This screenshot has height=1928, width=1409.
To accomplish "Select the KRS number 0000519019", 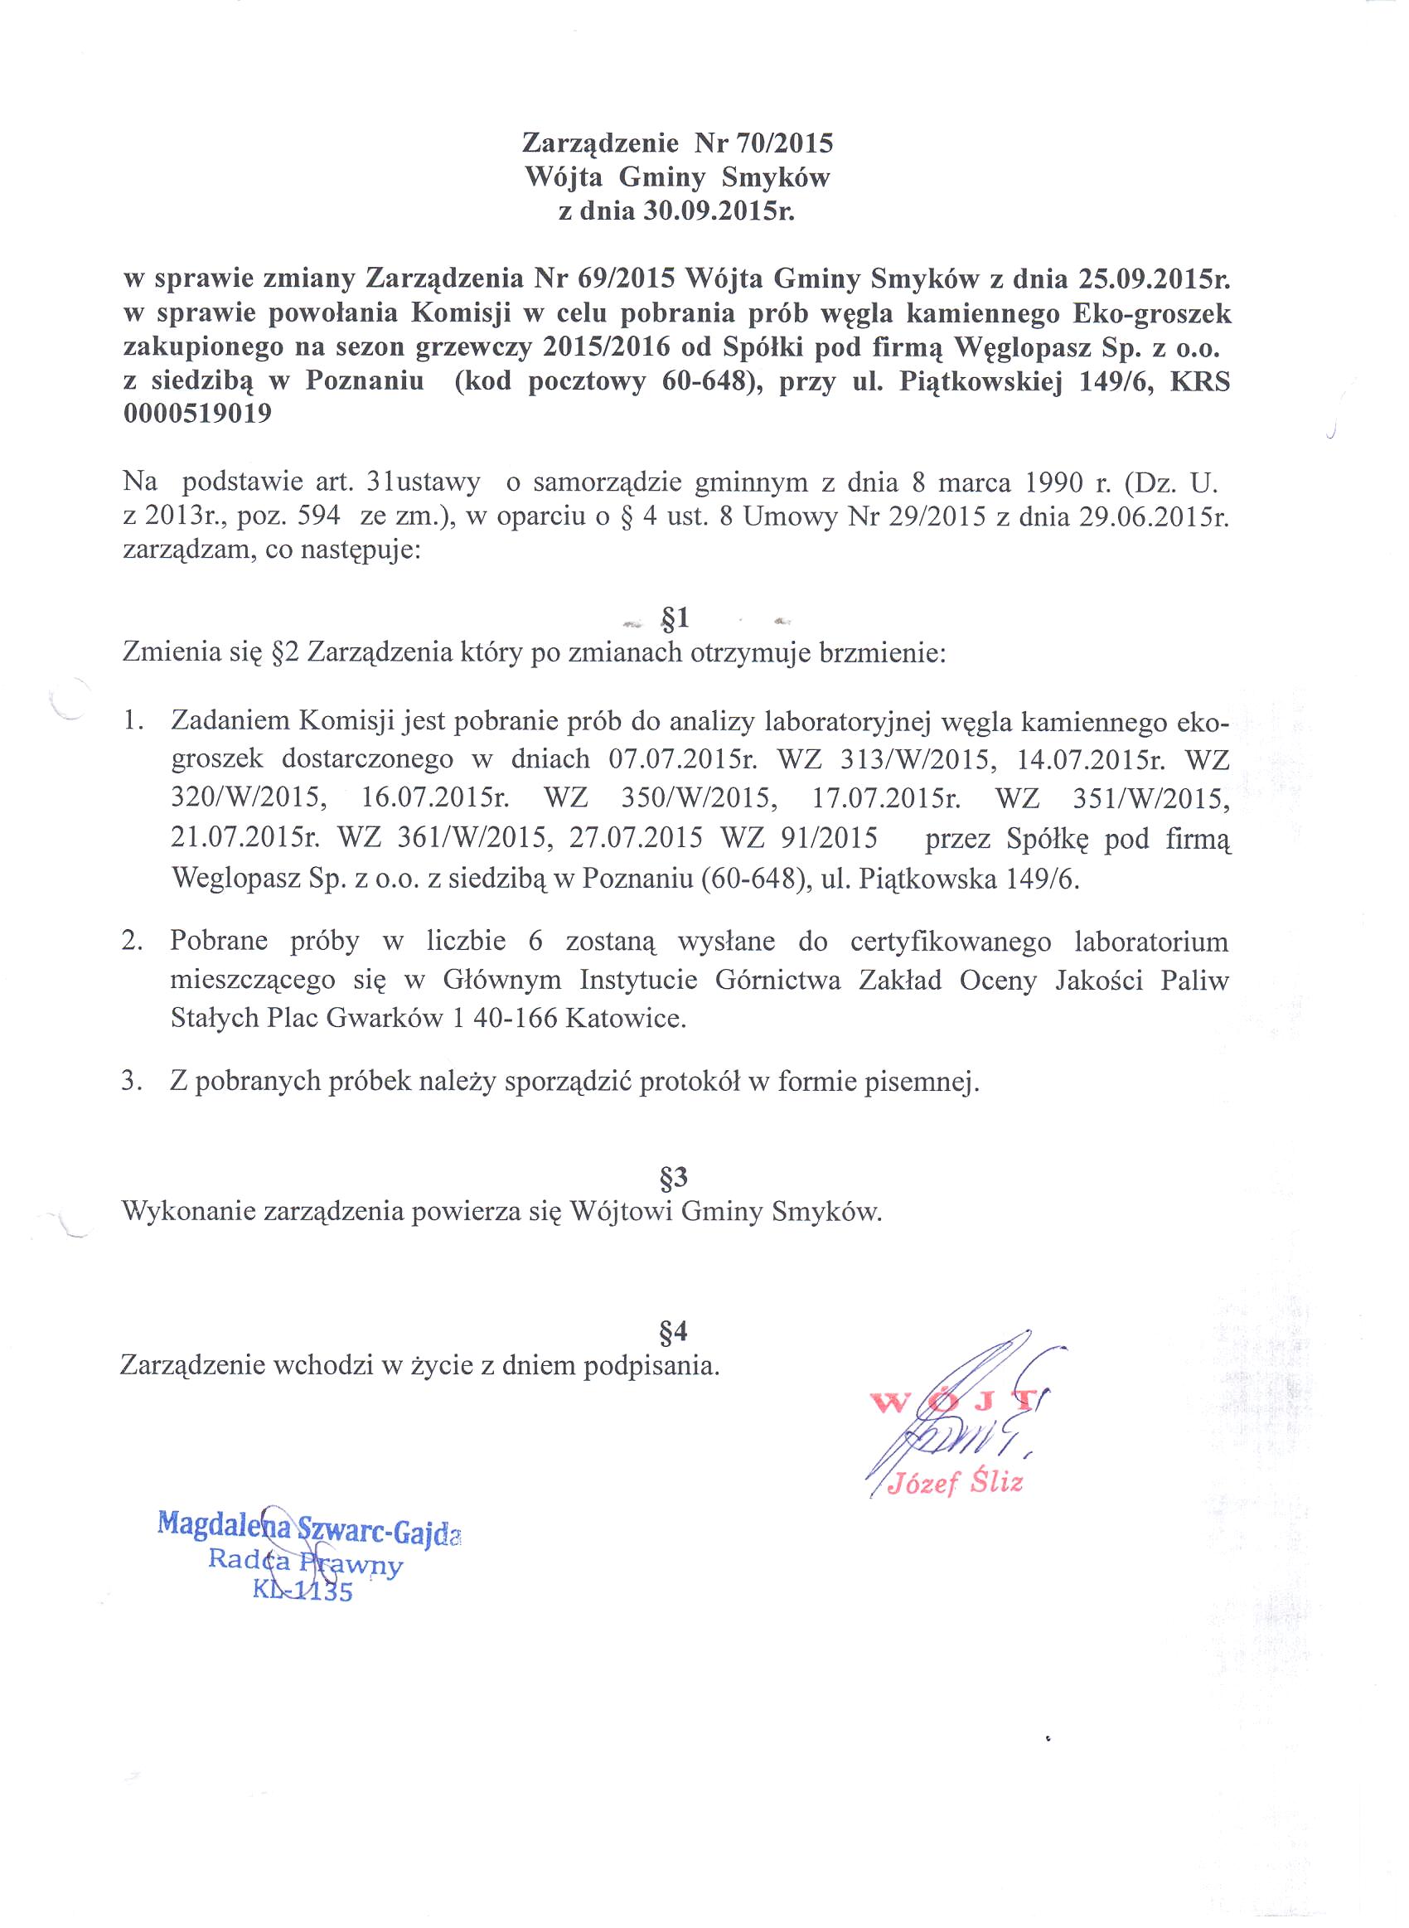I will tap(198, 414).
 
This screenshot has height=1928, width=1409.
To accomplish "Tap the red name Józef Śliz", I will tap(955, 1484).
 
